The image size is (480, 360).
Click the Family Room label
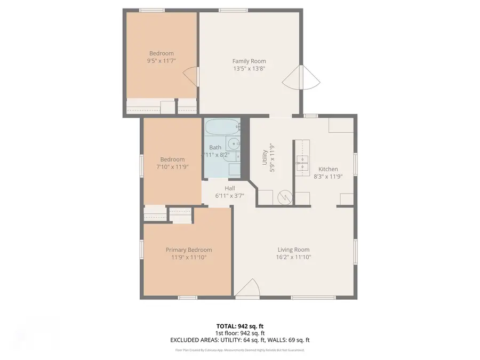tap(249, 61)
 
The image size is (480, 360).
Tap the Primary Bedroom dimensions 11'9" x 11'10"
tap(189, 257)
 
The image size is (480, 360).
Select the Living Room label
tap(293, 250)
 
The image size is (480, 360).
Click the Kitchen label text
tap(325, 169)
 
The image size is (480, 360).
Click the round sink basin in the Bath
tap(233, 144)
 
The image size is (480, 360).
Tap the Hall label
tap(230, 188)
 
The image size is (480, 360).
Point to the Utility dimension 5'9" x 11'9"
tap(272, 157)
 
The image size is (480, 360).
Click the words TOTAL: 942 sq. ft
tap(239, 326)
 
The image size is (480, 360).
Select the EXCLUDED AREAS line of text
tap(239, 340)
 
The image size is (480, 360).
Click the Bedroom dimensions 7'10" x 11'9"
tap(172, 166)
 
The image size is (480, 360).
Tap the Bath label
tap(215, 148)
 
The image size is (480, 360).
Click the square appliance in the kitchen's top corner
tap(341, 126)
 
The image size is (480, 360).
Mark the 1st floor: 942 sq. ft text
tap(239, 333)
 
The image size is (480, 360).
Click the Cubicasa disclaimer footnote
tap(239, 350)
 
